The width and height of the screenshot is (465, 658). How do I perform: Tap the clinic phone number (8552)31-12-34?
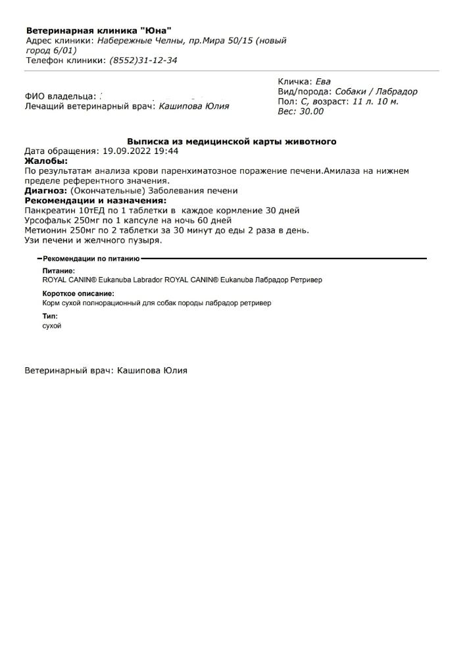(x=143, y=61)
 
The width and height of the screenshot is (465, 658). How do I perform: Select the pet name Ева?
(x=324, y=82)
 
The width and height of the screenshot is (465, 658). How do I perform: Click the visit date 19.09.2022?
(x=128, y=151)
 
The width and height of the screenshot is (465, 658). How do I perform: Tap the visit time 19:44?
(x=166, y=151)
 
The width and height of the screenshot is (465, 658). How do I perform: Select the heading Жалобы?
(x=45, y=161)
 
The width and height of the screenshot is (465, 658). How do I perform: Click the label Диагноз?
(x=45, y=191)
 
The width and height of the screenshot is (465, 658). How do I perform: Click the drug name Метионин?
(x=47, y=230)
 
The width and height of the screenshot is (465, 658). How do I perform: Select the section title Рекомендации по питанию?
(x=91, y=259)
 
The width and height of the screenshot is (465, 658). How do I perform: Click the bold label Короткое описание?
(x=78, y=293)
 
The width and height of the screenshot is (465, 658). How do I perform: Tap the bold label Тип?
(x=50, y=316)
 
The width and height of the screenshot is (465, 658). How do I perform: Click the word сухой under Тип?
(x=52, y=326)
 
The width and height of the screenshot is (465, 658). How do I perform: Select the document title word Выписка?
(x=147, y=141)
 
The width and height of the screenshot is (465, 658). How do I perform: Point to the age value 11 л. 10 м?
(x=376, y=102)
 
